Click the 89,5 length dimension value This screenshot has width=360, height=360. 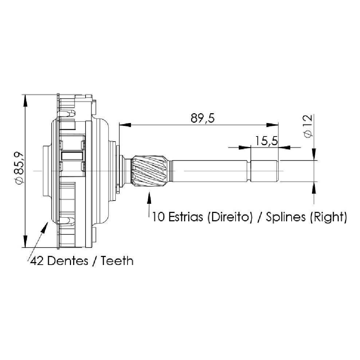[202, 118]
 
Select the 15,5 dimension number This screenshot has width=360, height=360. [266, 141]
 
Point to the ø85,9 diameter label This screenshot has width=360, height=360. [19, 168]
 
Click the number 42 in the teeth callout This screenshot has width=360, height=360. [37, 261]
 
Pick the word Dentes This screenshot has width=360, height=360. [68, 261]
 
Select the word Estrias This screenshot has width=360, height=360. [186, 217]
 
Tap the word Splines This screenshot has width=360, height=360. [286, 217]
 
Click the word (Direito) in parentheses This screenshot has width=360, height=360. [230, 217]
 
